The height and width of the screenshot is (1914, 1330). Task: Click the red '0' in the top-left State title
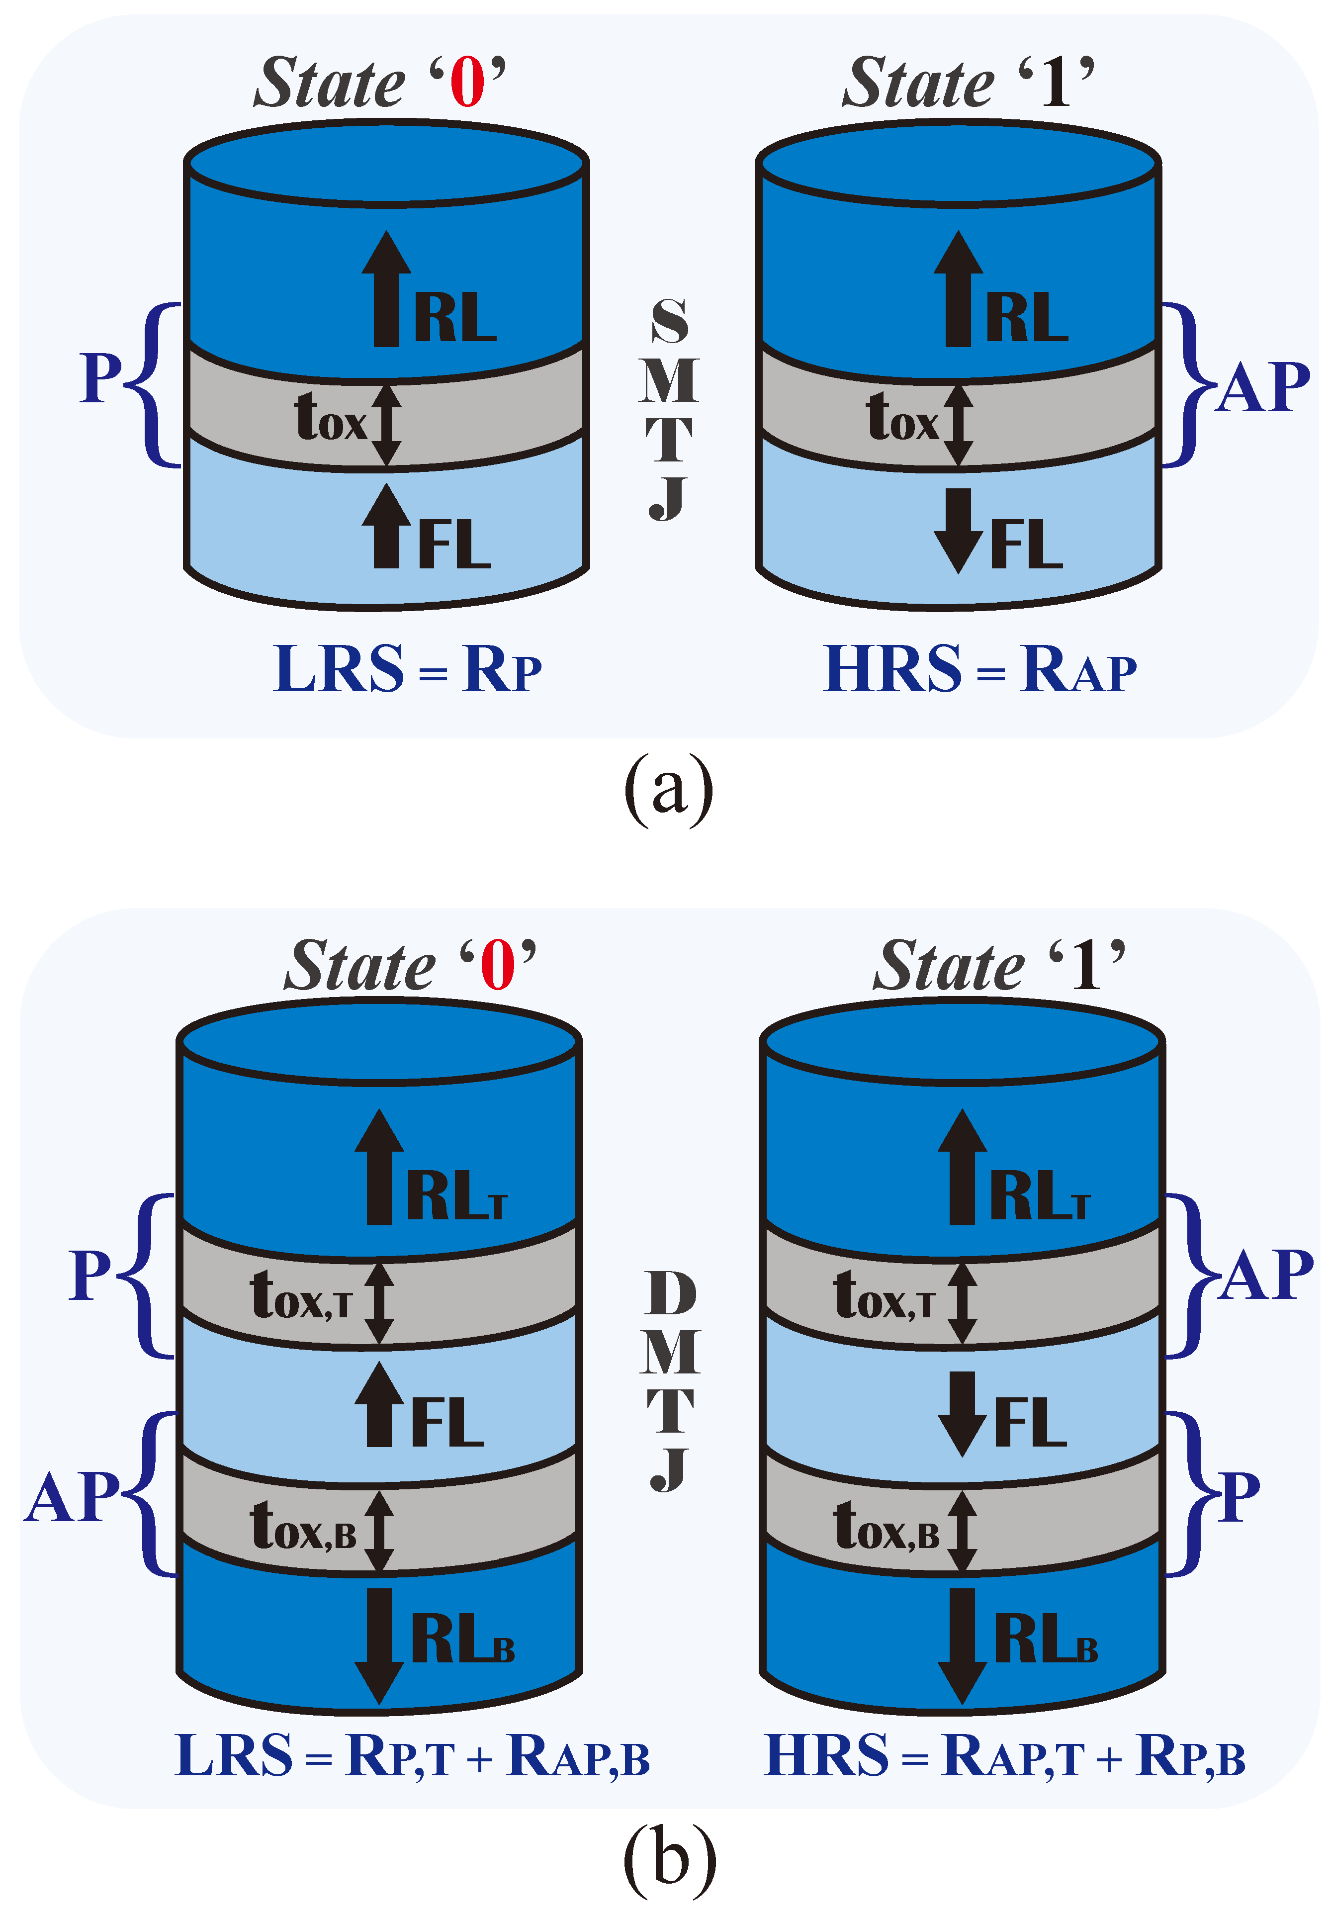click(467, 84)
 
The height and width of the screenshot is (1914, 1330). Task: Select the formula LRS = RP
click(408, 669)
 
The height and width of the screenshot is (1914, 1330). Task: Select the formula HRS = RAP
click(979, 669)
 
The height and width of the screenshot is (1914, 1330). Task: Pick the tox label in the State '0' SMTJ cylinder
click(331, 417)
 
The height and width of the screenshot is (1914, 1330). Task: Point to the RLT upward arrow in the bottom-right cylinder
click(962, 1167)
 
